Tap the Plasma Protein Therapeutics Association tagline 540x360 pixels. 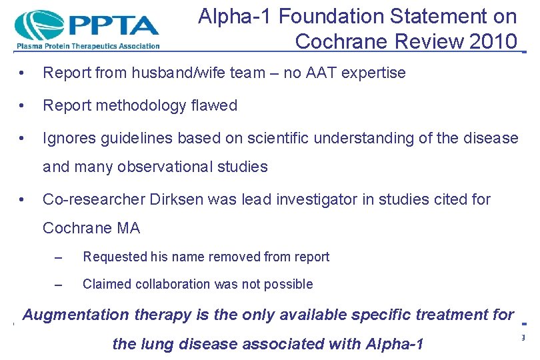87,46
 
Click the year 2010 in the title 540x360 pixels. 493,41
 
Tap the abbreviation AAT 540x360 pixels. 318,73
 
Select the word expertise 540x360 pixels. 374,73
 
